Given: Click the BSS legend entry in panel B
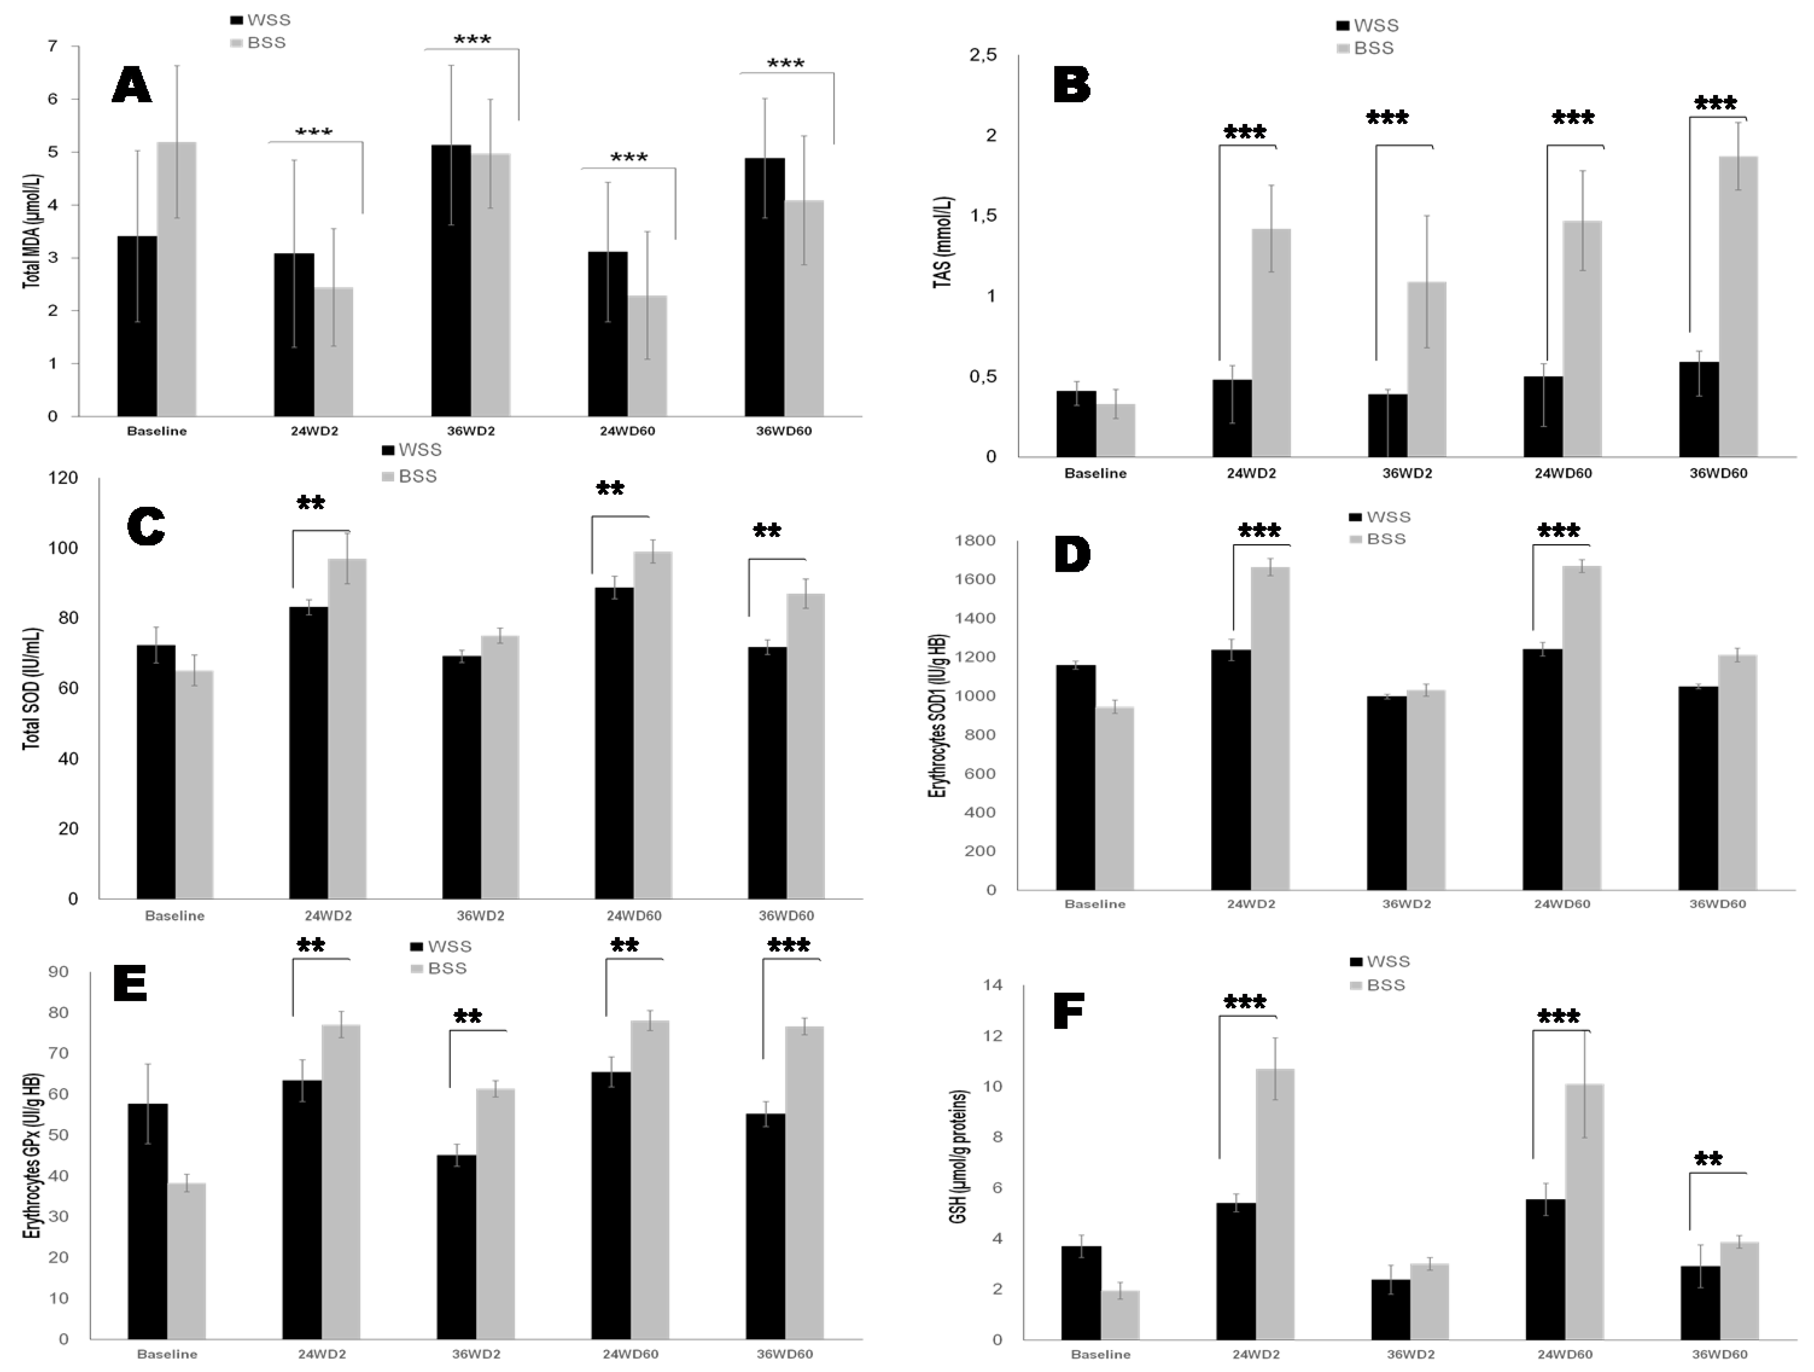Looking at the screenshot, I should point(1366,48).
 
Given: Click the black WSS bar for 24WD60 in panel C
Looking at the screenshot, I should point(614,743).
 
